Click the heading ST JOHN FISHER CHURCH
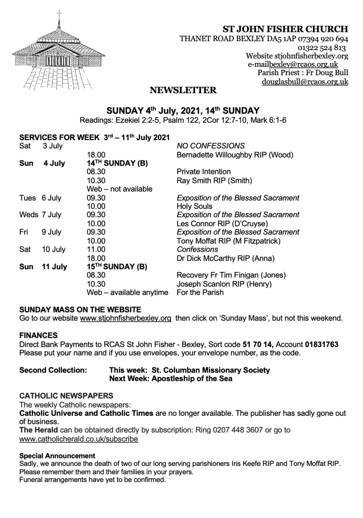click(x=285, y=29)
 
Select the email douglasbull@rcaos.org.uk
click(x=305, y=82)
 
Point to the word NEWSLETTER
click(x=183, y=90)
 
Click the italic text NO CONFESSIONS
click(x=210, y=146)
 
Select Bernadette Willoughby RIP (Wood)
click(x=234, y=155)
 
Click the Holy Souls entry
click(x=195, y=206)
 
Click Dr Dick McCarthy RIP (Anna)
click(x=225, y=258)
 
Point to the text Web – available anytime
click(x=127, y=292)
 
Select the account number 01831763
click(x=321, y=345)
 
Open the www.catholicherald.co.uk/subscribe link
click(x=79, y=439)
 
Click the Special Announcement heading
click(x=57, y=456)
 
